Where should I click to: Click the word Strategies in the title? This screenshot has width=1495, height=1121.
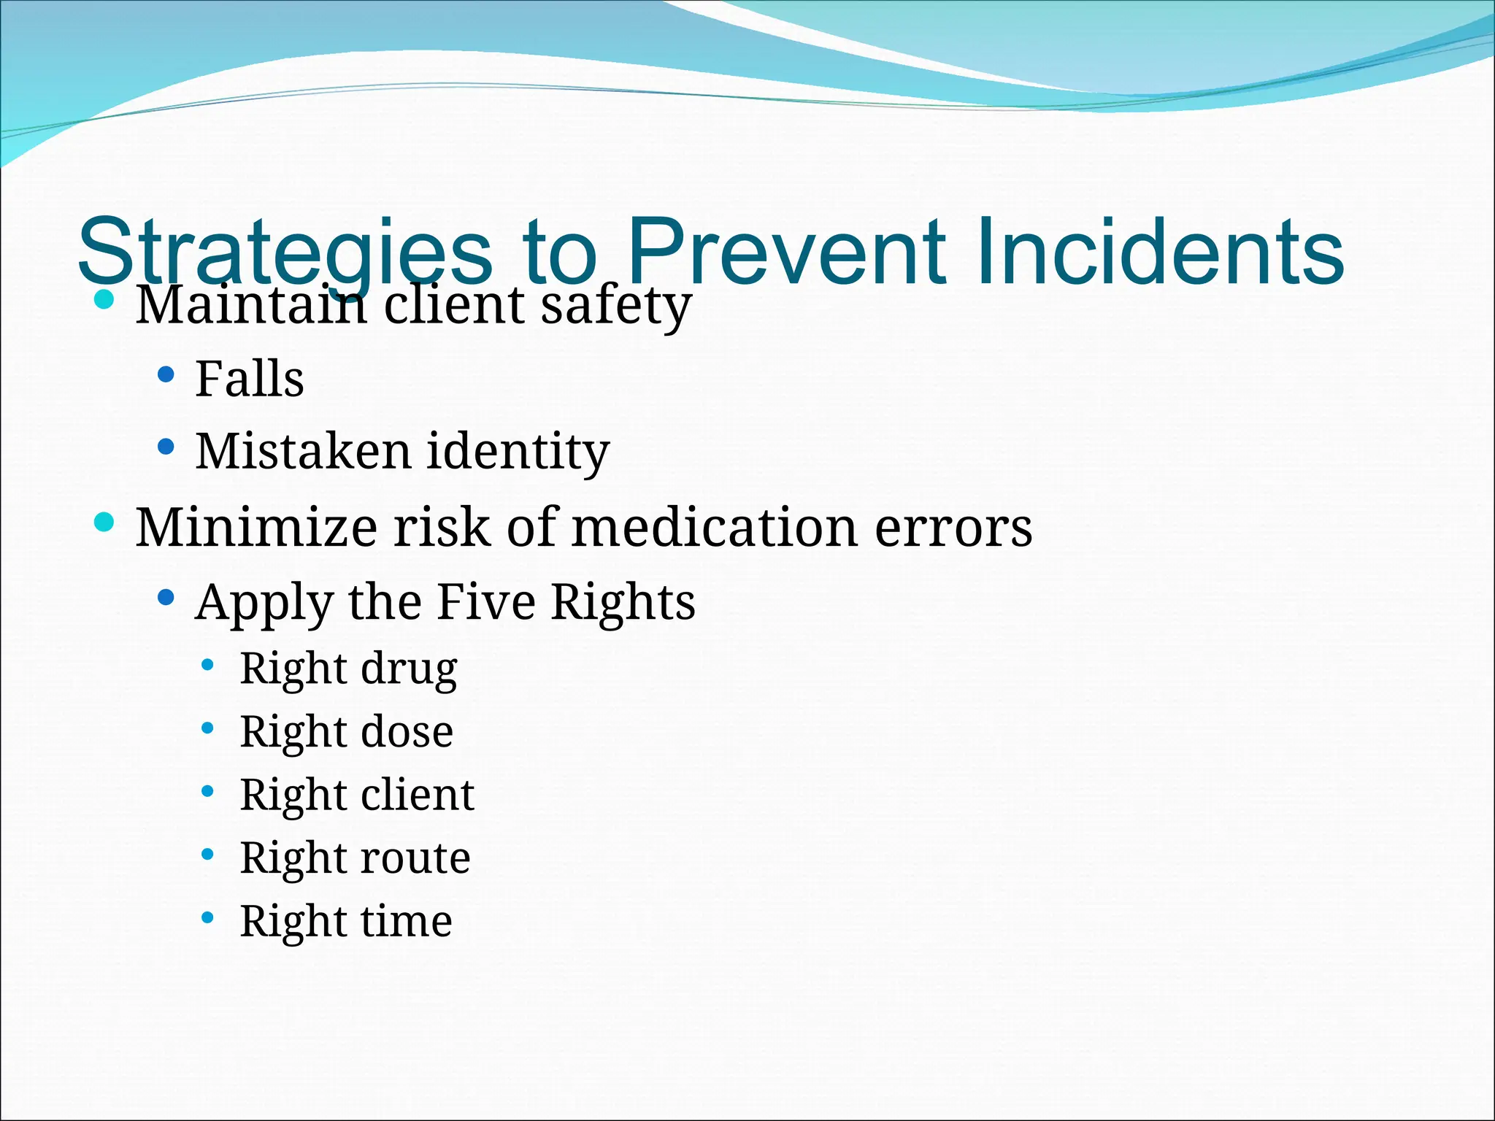tap(285, 252)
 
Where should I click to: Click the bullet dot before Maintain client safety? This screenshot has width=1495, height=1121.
tap(105, 300)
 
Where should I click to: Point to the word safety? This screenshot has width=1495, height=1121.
tap(615, 305)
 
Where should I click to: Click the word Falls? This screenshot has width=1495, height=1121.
tap(250, 379)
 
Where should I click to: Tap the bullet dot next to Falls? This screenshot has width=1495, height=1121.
tap(166, 375)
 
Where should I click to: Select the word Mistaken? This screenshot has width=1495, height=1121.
tap(303, 450)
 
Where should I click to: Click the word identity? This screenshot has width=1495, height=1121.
tap(518, 452)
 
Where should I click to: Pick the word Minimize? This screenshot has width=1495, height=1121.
tap(256, 527)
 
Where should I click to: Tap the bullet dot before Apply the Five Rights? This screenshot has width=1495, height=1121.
tap(166, 598)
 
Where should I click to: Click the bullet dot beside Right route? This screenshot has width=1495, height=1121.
tap(208, 853)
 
